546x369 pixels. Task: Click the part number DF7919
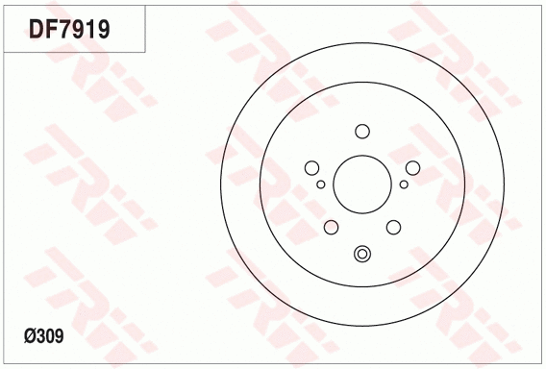pyautogui.click(x=69, y=29)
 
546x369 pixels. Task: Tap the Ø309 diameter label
pyautogui.click(x=43, y=336)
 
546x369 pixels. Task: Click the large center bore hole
pyautogui.click(x=362, y=184)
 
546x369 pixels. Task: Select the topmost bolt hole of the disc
pyautogui.click(x=362, y=132)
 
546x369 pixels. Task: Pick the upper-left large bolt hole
pyautogui.click(x=313, y=167)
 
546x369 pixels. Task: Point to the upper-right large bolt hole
pyautogui.click(x=412, y=167)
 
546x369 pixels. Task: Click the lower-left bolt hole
pyautogui.click(x=332, y=227)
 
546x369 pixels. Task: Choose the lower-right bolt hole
pyautogui.click(x=393, y=227)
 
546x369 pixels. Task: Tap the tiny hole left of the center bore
pyautogui.click(x=321, y=184)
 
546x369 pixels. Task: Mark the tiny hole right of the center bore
pyautogui.click(x=404, y=184)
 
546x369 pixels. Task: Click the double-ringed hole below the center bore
pyautogui.click(x=362, y=254)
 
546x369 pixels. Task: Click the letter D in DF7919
pyautogui.click(x=36, y=29)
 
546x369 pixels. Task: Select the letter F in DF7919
pyautogui.click(x=50, y=29)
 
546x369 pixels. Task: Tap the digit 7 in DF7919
pyautogui.click(x=63, y=29)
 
